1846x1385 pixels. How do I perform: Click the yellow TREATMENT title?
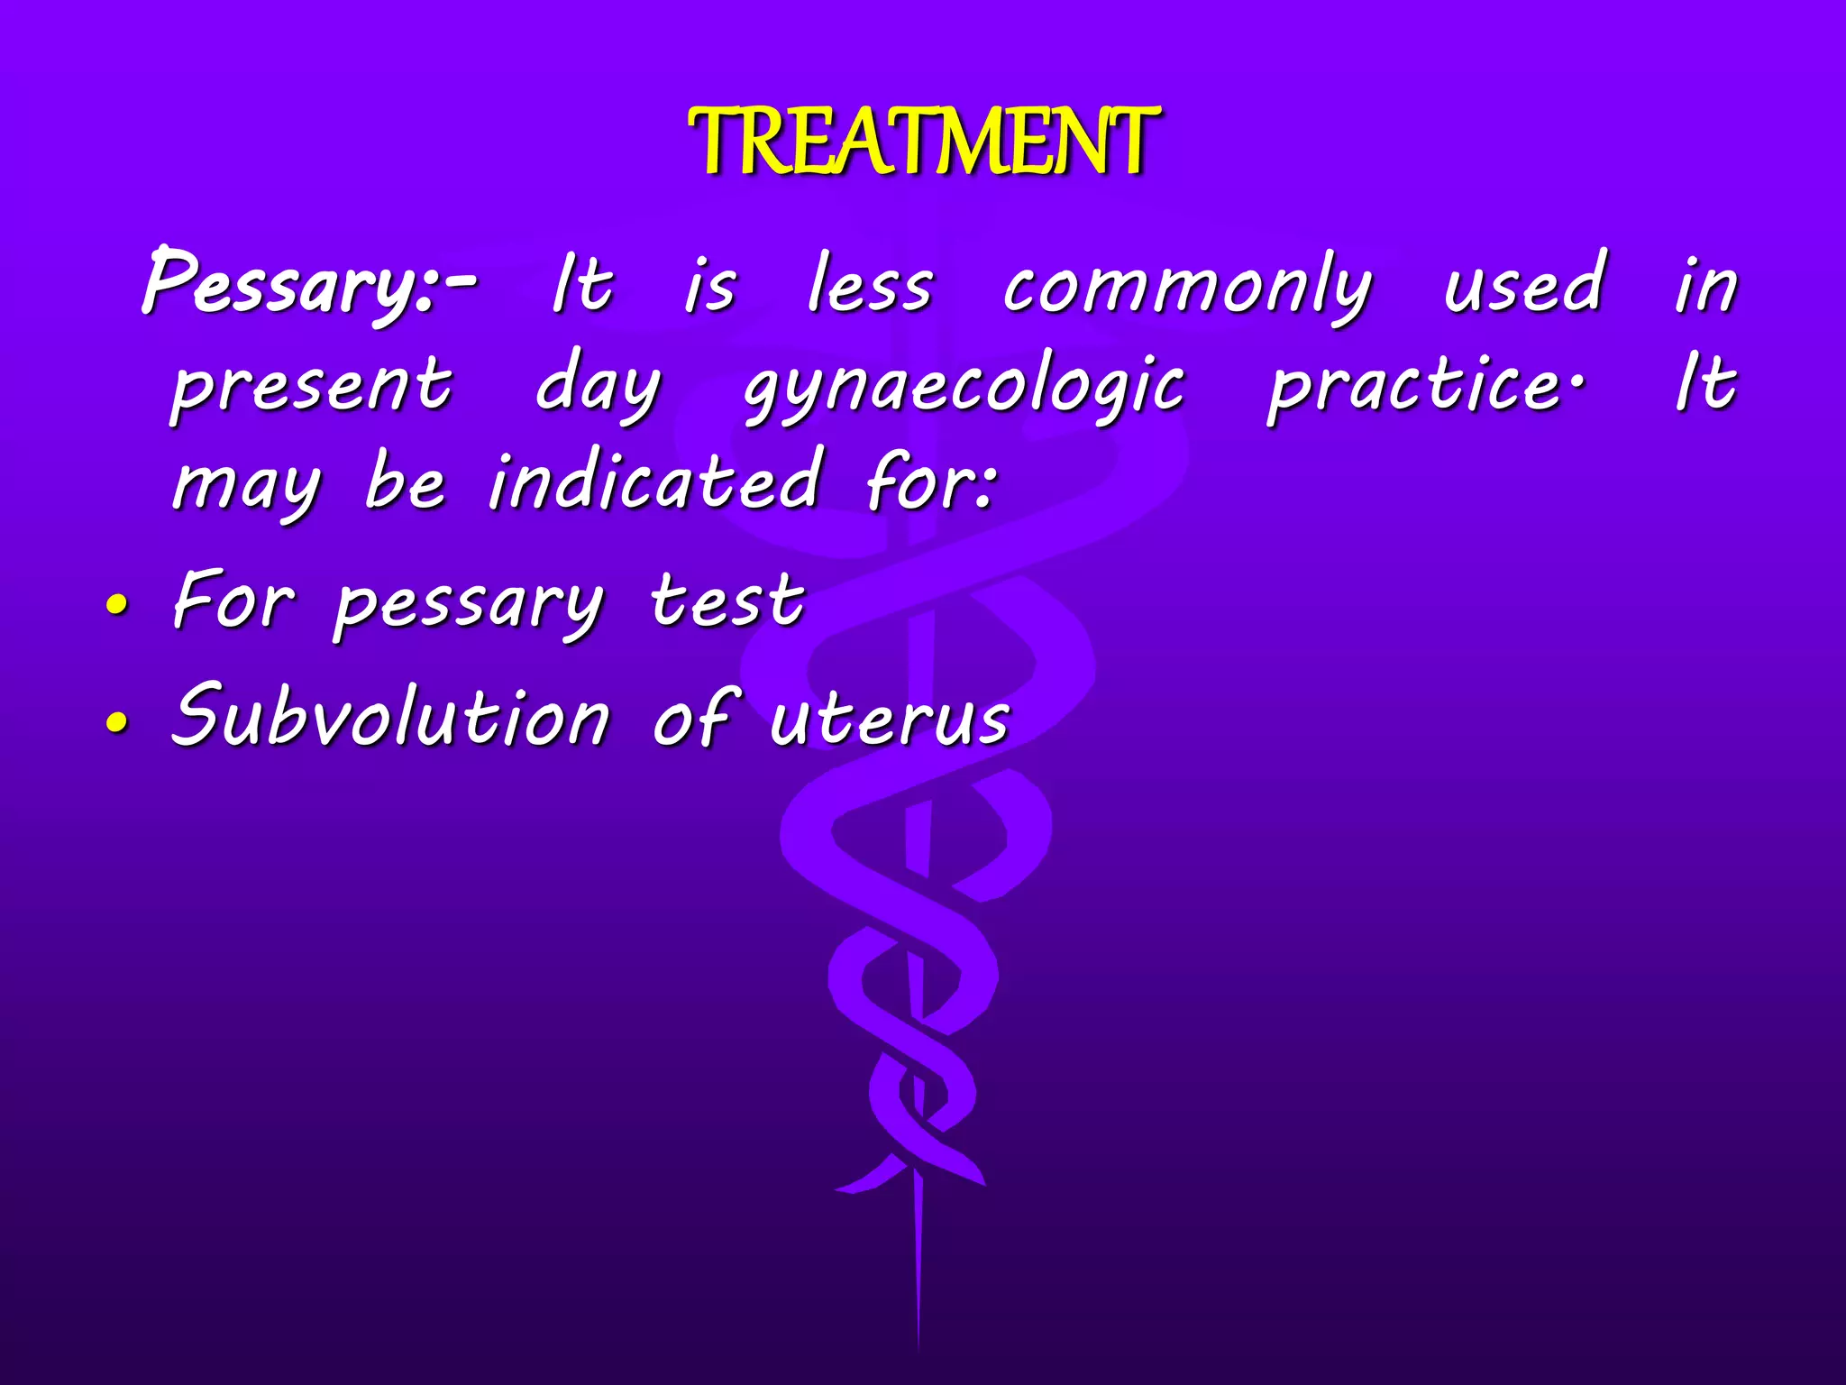923,142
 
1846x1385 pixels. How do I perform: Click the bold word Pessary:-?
306,284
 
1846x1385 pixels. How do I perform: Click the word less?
869,286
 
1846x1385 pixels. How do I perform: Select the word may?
246,487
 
